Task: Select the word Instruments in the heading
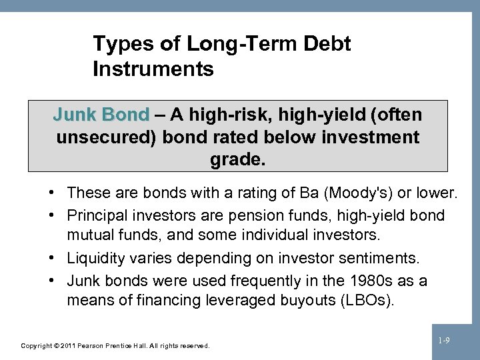[154, 69]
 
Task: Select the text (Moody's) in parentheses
[357, 194]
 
